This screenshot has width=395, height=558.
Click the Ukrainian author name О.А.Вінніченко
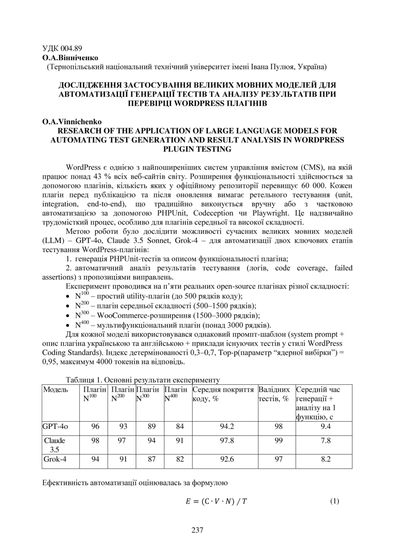(x=70, y=58)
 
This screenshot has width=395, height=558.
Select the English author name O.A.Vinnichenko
(x=72, y=122)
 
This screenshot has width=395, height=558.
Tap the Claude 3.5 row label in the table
(x=54, y=445)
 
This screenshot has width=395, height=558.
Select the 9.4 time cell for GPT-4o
(x=326, y=427)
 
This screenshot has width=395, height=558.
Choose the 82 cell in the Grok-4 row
(x=180, y=460)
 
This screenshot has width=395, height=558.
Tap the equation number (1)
(x=334, y=501)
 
